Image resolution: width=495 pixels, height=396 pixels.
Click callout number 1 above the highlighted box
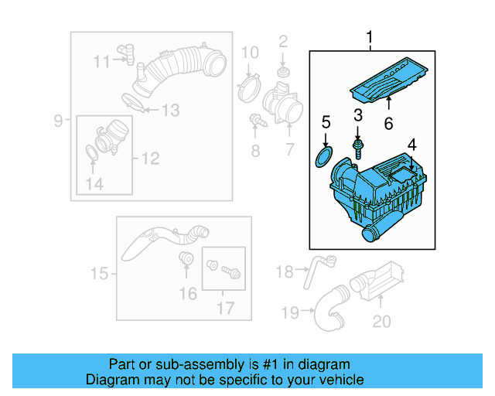[370, 37]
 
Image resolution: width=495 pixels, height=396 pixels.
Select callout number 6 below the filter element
[388, 123]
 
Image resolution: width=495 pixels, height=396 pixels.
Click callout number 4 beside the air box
[411, 145]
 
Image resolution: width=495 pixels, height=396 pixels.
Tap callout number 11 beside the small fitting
[101, 61]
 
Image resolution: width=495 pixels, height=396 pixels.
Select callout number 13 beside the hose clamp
[169, 111]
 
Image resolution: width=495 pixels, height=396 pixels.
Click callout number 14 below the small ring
[94, 183]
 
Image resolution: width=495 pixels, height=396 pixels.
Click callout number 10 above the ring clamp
[249, 53]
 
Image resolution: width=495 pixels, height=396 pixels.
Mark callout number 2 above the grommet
[283, 41]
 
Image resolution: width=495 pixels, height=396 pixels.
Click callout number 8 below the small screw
[255, 151]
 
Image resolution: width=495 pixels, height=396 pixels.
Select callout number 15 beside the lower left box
[99, 273]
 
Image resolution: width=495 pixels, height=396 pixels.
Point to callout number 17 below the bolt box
[224, 307]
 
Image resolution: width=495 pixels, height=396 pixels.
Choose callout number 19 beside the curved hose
[290, 313]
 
